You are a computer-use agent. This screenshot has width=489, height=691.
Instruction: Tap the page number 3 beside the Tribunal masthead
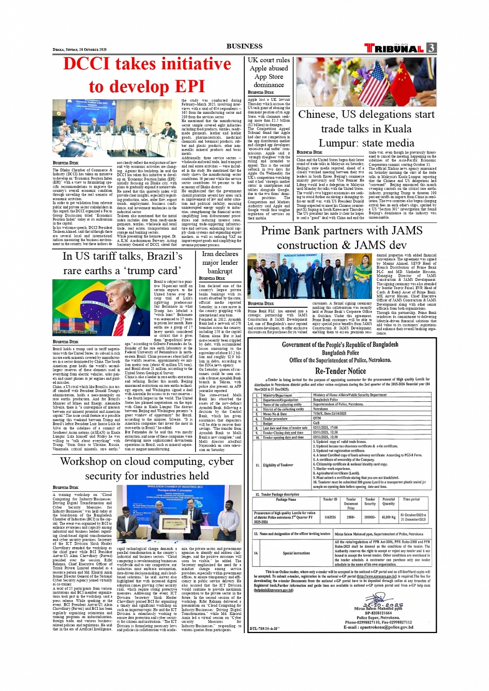coord(431,48)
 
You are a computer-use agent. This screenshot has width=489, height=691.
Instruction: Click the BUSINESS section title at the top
coord(244,46)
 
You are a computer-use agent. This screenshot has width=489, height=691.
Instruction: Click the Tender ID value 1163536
coord(330,517)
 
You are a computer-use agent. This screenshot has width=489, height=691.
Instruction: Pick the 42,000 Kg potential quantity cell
coord(388,517)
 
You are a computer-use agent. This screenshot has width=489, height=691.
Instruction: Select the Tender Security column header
coord(370,502)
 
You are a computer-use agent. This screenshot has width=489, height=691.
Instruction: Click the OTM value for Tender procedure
coord(317,418)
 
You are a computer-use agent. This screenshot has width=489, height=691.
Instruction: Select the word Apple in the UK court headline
coord(261,68)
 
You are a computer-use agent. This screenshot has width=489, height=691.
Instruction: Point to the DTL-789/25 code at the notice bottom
coord(265,628)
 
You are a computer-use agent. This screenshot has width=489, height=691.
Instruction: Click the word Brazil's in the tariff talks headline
coord(158,256)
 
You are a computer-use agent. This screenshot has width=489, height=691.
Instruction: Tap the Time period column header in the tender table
coord(411,500)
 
